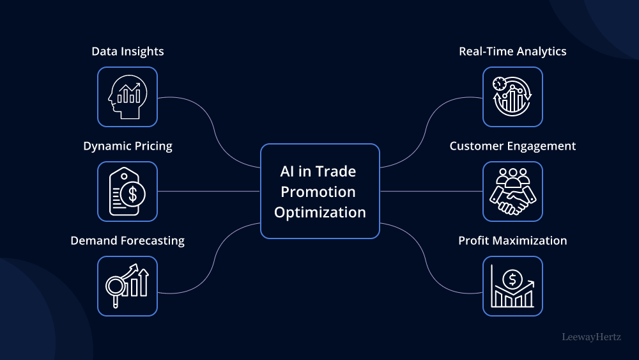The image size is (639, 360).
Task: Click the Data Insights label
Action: click(127, 51)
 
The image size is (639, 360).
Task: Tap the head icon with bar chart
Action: click(127, 97)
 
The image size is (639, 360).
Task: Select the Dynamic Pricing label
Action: click(127, 146)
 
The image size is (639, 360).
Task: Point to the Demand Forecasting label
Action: click(127, 240)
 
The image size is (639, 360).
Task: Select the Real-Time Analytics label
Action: click(512, 51)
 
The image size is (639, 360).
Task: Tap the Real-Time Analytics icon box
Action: click(512, 97)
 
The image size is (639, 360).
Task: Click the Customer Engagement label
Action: click(512, 146)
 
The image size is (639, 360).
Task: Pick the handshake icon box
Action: click(512, 191)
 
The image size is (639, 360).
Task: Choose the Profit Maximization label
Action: click(512, 240)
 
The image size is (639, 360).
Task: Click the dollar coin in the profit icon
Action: click(511, 278)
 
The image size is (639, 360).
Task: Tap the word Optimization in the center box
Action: click(320, 212)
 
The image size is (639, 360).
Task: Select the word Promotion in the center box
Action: click(320, 192)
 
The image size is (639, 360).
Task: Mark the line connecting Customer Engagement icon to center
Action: click(431, 191)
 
